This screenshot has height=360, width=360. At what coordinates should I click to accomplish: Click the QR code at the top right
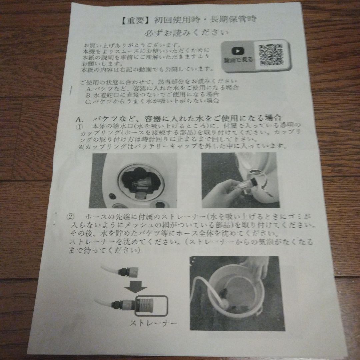[x=271, y=54]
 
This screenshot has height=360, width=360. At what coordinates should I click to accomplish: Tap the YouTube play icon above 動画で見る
[x=238, y=51]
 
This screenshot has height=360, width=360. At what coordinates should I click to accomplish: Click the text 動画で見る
[x=238, y=60]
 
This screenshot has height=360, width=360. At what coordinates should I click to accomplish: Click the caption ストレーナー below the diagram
[x=153, y=323]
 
